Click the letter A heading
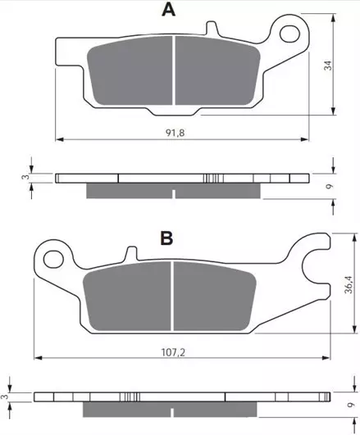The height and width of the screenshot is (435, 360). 169,10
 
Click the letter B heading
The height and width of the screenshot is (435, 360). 167,238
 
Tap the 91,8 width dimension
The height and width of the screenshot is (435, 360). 175,133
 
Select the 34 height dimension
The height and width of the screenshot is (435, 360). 328,66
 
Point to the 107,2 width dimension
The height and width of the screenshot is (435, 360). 173,352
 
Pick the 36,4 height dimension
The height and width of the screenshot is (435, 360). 348,284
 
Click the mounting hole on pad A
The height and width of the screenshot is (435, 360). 289,34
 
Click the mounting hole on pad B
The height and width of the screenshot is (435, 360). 53,259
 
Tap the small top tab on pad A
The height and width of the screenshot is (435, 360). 212,29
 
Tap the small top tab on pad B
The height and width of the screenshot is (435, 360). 131,254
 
